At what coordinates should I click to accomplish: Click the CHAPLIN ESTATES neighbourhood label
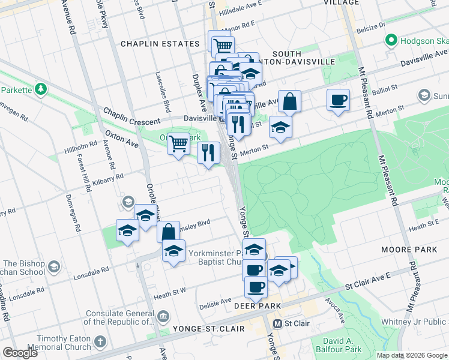click(x=160, y=44)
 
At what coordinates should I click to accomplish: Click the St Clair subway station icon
click(x=277, y=323)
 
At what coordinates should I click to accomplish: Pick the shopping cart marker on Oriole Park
click(x=178, y=144)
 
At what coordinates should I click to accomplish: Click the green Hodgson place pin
click(x=391, y=41)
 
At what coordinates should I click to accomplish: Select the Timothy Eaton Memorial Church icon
click(x=101, y=343)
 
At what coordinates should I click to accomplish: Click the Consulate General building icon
click(x=163, y=316)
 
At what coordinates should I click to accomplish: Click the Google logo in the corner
click(x=20, y=353)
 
